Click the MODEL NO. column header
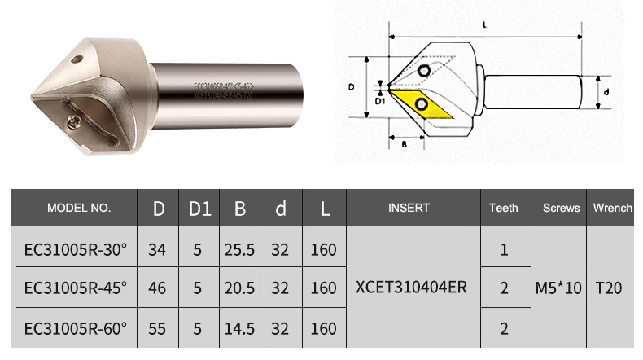click(79, 208)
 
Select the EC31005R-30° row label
click(76, 249)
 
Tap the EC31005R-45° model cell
click(76, 288)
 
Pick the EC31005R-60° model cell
click(76, 327)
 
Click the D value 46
click(157, 288)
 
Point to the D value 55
click(157, 327)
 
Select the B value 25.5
click(240, 249)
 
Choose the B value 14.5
click(240, 327)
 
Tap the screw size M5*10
click(558, 288)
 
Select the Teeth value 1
click(504, 249)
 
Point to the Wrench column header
click(612, 208)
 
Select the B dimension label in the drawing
click(405, 145)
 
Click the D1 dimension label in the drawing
click(379, 102)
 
